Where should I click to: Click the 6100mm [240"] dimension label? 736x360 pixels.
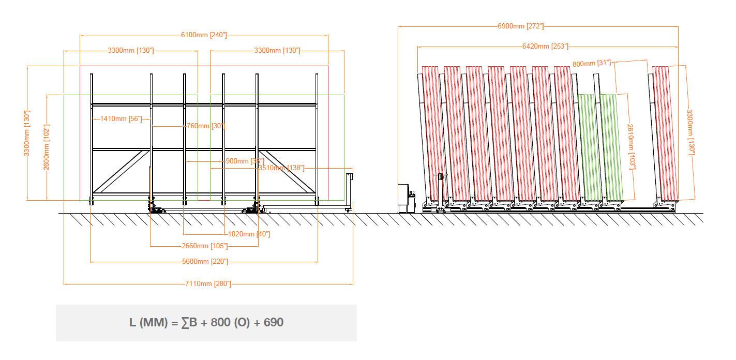click(x=204, y=35)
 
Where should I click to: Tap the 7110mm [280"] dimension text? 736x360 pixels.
click(x=208, y=283)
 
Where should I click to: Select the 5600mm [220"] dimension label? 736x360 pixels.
click(x=205, y=261)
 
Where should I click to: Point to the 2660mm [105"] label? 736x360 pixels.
click(x=205, y=246)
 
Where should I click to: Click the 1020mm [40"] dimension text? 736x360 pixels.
click(x=249, y=234)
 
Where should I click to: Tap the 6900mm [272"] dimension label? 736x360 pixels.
click(x=520, y=26)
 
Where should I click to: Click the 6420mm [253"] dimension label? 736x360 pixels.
click(x=545, y=46)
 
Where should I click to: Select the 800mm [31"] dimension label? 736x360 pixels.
click(x=592, y=63)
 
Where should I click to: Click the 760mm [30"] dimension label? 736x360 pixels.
click(x=206, y=126)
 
